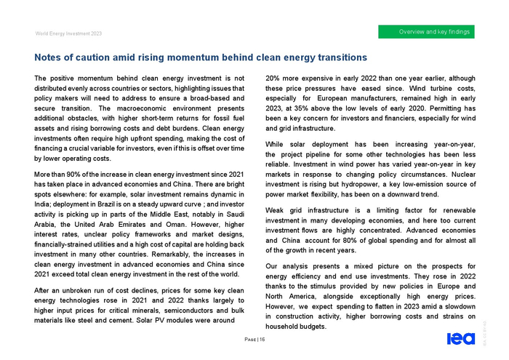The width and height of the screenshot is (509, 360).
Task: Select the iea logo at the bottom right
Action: click(x=461, y=338)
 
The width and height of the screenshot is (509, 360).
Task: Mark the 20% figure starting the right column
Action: click(x=275, y=78)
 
